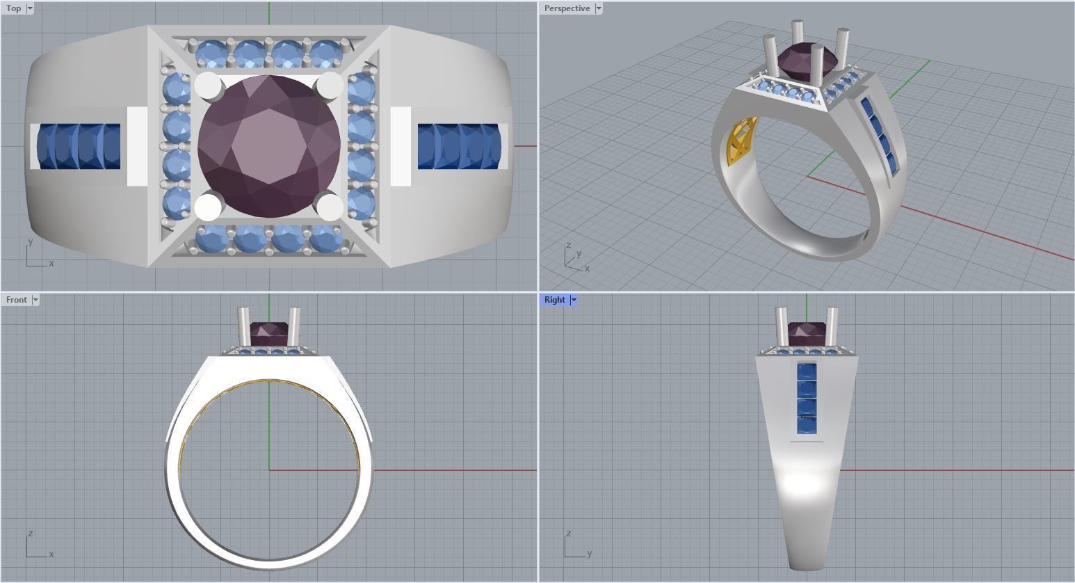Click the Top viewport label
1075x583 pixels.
13,8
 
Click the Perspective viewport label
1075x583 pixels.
566,8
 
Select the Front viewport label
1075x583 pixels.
16,300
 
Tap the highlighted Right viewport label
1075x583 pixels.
554,300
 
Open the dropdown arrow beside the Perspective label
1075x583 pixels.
598,8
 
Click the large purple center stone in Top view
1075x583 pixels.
268,147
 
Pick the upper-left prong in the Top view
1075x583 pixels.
207,85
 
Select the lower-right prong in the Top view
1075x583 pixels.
330,207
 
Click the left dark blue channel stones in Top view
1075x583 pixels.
79,147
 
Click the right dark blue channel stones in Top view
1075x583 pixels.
459,147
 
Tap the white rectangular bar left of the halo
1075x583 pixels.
137,147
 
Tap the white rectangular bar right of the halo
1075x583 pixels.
401,147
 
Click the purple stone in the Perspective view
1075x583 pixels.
797,57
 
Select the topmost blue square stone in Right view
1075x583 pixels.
807,372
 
